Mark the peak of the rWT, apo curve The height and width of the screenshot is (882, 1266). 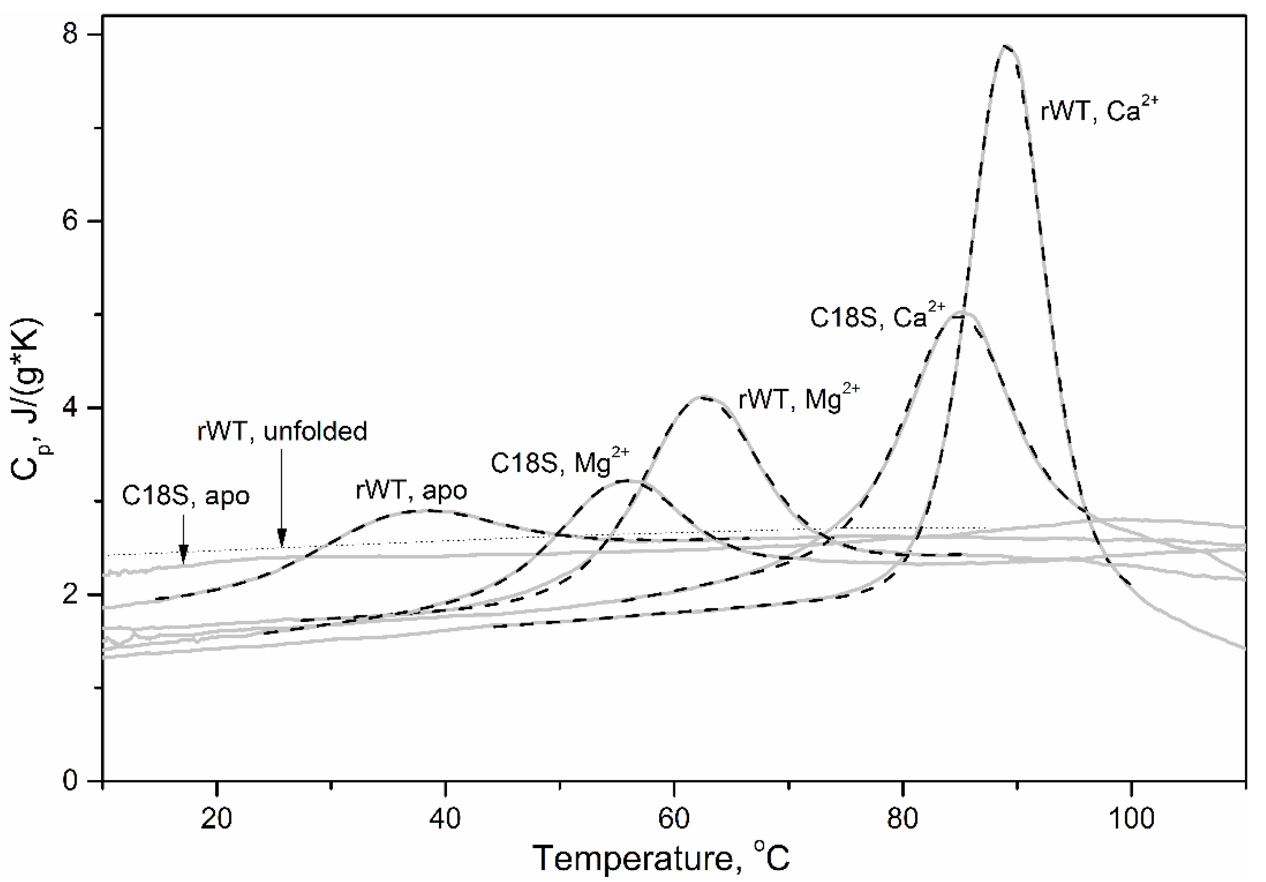pyautogui.click(x=427, y=510)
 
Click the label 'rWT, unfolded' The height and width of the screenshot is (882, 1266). pyautogui.click(x=282, y=431)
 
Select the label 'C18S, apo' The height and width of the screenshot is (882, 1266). pyautogui.click(x=185, y=496)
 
